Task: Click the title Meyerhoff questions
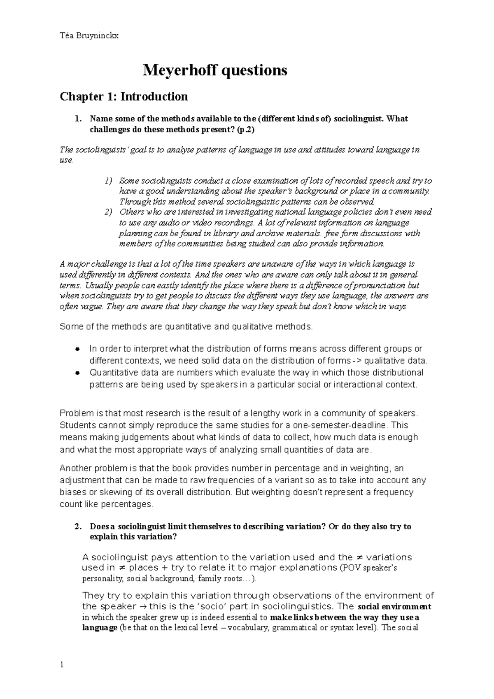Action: click(214, 70)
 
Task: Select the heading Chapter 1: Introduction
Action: click(124, 97)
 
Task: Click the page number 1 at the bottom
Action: click(61, 665)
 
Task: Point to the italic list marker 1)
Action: click(108, 181)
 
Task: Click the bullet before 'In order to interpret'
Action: click(77, 349)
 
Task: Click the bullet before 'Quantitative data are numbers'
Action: click(77, 373)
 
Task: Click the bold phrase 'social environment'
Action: click(395, 607)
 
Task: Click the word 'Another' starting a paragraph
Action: click(74, 468)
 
